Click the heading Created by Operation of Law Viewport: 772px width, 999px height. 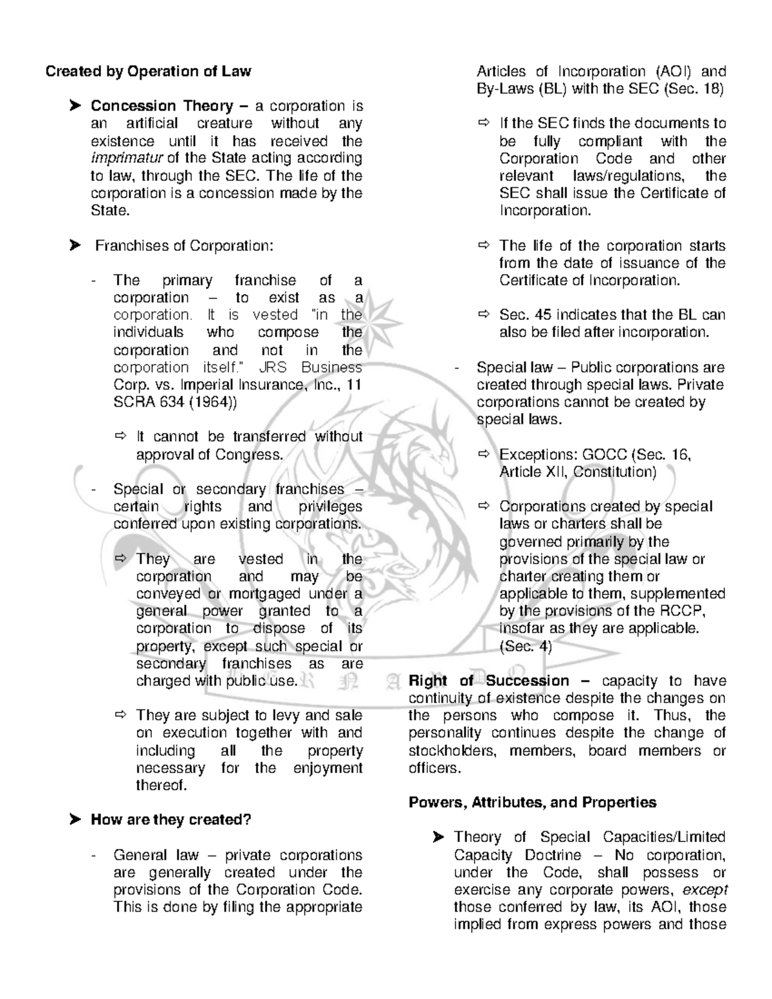tap(148, 71)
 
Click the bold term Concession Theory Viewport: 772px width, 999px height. tap(161, 106)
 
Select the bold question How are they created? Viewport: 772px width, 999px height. tap(170, 820)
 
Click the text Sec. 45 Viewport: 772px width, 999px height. tap(525, 315)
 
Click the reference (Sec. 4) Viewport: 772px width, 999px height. tap(526, 646)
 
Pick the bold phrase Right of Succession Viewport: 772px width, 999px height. tap(489, 681)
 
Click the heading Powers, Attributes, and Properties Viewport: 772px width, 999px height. tap(533, 802)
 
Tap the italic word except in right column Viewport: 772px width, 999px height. tap(704, 890)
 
